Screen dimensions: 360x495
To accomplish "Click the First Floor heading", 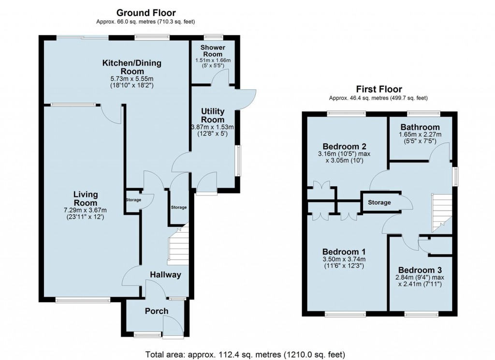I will click(x=379, y=89).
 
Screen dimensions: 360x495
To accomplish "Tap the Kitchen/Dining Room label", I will click(x=131, y=68).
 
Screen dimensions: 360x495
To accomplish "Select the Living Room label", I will click(x=86, y=198).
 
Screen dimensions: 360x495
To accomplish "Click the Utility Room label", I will click(x=213, y=116).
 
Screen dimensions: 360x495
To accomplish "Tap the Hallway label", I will click(x=165, y=275).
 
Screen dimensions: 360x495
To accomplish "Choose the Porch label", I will click(x=157, y=311).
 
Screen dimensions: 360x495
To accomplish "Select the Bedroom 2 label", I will click(x=344, y=146).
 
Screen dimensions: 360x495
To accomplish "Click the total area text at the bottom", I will click(x=246, y=354).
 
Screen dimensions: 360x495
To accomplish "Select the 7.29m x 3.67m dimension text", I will click(x=86, y=210).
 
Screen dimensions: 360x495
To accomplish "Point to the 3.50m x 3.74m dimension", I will click(x=344, y=259).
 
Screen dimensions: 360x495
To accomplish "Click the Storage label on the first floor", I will click(x=379, y=202).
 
